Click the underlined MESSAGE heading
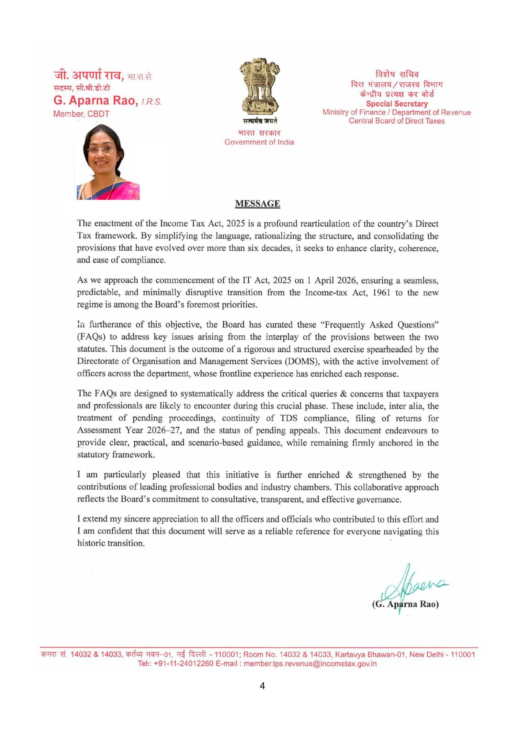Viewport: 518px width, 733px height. pyautogui.click(x=257, y=204)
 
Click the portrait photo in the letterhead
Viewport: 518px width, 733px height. pyautogui.click(x=108, y=162)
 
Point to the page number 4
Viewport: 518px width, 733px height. pyautogui.click(x=262, y=686)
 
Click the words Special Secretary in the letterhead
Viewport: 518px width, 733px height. pyautogui.click(x=397, y=104)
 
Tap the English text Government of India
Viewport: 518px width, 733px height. pyautogui.click(x=259, y=142)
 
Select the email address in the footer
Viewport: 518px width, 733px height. pyautogui.click(x=310, y=664)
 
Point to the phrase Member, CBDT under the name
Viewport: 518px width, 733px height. pyautogui.click(x=81, y=114)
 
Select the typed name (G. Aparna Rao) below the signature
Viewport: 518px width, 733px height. pyautogui.click(x=405, y=604)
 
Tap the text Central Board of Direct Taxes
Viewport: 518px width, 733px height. pyautogui.click(x=397, y=121)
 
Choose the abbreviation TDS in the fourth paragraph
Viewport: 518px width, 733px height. pyautogui.click(x=288, y=418)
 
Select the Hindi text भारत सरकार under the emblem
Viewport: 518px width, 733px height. pyautogui.click(x=259, y=133)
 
